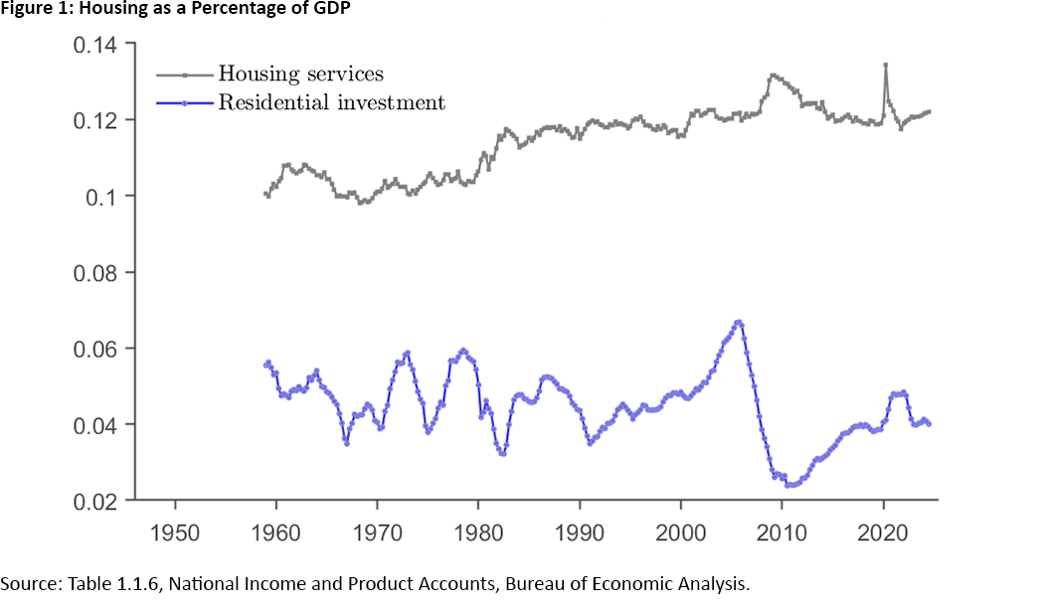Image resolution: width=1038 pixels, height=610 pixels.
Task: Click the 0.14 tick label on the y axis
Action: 91,45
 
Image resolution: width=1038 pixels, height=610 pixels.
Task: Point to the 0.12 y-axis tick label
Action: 91,120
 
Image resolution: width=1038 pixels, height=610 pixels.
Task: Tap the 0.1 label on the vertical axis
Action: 99,197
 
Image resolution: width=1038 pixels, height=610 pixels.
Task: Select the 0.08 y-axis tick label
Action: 91,272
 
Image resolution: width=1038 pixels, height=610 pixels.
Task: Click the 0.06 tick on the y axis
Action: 91,349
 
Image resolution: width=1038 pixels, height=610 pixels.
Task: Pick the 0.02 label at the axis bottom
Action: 91,501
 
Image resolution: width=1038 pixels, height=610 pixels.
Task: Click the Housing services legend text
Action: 300,74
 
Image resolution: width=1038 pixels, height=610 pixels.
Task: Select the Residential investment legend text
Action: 331,102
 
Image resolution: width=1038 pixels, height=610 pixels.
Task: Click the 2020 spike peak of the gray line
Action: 885,65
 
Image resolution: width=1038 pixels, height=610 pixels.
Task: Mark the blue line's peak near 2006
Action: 738,322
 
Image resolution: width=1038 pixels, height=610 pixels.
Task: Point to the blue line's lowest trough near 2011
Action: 788,486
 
